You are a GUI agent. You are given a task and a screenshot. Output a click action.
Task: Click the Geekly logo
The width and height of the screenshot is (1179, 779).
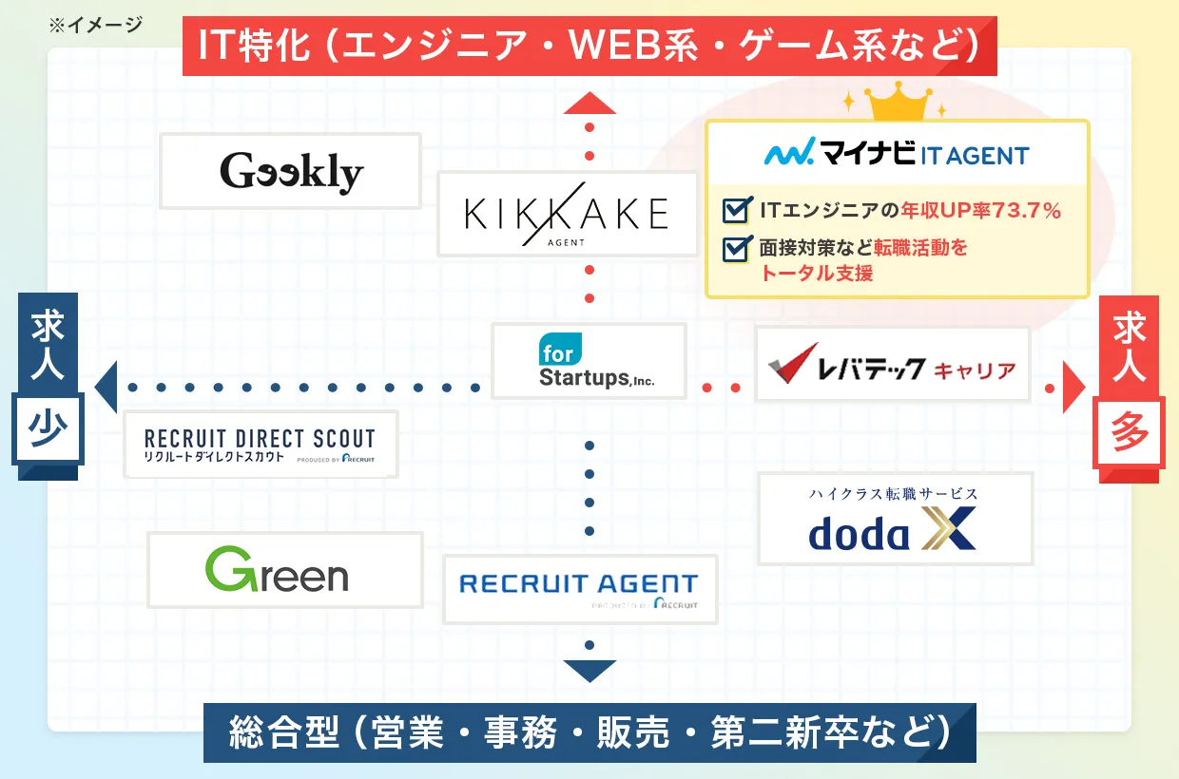291,172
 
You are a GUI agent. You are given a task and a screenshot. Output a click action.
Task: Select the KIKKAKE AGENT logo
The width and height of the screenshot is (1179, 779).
567,215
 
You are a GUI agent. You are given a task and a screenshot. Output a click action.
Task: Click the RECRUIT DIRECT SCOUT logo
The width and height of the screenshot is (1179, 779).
261,446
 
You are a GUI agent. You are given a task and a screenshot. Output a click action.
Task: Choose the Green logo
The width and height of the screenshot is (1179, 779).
278,570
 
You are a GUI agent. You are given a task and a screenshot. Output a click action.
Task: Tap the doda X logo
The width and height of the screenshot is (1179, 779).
894,520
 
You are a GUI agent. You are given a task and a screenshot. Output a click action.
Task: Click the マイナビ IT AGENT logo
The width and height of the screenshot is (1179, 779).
897,153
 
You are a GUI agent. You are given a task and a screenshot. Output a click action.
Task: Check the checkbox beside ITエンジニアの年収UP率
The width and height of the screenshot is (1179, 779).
736,210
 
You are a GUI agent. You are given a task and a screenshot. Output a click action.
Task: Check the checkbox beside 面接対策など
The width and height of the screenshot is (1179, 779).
736,248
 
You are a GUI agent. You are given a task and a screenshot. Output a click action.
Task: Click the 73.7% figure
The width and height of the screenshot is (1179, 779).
1026,211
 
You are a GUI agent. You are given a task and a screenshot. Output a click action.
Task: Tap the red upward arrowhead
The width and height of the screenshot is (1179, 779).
589,103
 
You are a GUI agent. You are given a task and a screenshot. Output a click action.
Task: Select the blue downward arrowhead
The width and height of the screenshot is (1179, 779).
589,670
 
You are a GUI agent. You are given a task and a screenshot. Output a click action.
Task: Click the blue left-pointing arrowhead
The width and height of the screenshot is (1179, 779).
106,388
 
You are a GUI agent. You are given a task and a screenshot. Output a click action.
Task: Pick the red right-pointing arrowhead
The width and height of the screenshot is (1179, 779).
1073,389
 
